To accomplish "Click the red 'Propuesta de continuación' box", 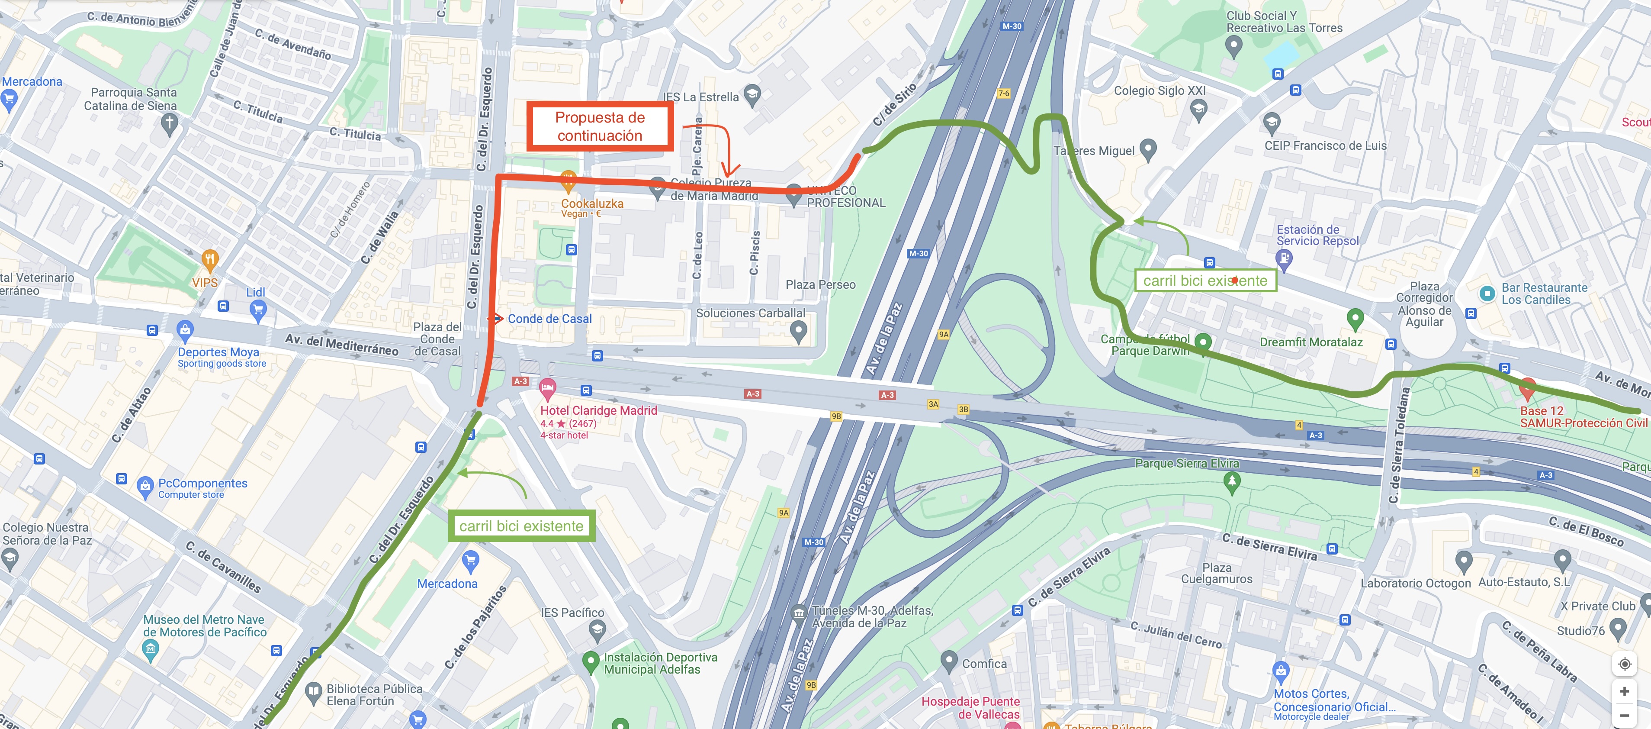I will coord(600,126).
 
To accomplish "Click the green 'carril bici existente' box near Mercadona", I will coord(521,526).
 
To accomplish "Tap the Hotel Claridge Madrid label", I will coord(599,410).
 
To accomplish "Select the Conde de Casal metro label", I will coord(549,319).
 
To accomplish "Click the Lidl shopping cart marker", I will coord(258,311).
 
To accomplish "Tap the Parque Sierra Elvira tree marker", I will coord(1231,481).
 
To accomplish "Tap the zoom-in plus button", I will coord(1624,691).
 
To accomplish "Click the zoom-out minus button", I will coord(1624,715).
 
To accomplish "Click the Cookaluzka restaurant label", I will coord(592,203).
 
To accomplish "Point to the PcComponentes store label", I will coord(202,484).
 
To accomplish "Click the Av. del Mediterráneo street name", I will coord(342,344).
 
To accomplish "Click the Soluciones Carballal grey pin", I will coord(798,331).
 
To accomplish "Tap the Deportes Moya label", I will coord(218,352).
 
